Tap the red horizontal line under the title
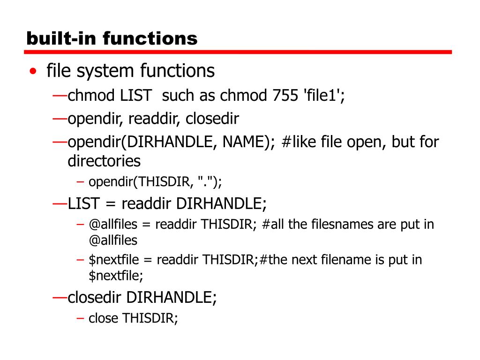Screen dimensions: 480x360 [x=239, y=52]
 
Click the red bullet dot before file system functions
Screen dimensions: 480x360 [x=32, y=72]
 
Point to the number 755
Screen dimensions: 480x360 [x=285, y=96]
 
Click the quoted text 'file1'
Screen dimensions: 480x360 [x=322, y=96]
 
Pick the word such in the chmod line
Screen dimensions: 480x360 [x=178, y=96]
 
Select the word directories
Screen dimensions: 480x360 [x=104, y=161]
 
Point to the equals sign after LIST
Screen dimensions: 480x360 [x=111, y=203]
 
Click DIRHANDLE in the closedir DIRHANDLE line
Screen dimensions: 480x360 [x=172, y=297]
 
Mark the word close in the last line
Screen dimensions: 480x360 [x=104, y=318]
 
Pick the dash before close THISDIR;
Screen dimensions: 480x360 [x=80, y=318]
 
